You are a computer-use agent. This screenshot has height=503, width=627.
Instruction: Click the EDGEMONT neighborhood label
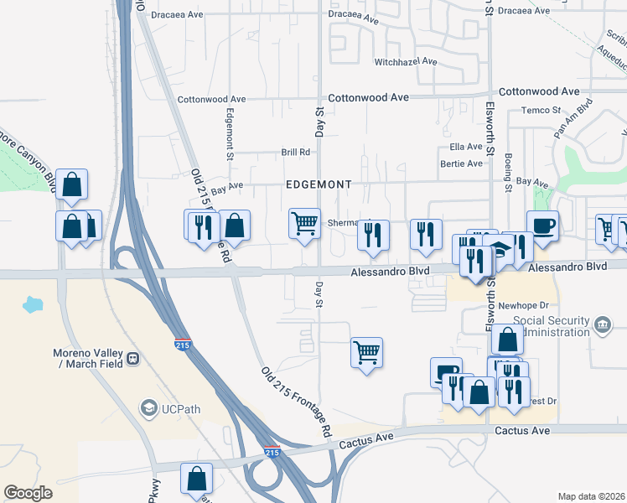pos(318,184)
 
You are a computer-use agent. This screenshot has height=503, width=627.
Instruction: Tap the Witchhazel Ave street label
pos(406,62)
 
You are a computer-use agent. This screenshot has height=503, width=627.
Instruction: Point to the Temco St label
pos(540,110)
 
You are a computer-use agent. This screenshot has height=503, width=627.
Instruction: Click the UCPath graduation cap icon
pos(149,407)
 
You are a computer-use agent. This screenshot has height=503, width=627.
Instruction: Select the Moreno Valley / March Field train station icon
pos(132,359)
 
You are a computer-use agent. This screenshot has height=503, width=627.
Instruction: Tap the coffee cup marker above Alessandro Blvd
pos(542,226)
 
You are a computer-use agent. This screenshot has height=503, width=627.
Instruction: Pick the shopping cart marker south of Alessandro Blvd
pos(366,353)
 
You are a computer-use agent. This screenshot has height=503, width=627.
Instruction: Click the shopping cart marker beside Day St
pos(304,223)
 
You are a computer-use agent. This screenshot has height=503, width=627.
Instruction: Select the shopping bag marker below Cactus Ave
pos(196,480)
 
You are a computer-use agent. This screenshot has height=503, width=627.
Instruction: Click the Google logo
pos(28,493)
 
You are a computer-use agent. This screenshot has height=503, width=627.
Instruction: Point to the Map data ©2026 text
pos(591,496)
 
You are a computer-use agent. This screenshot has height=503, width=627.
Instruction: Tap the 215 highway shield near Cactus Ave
pos(272,452)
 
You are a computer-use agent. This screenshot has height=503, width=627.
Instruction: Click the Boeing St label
pos(509,173)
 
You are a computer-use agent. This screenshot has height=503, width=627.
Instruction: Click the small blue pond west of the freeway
pos(34,303)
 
